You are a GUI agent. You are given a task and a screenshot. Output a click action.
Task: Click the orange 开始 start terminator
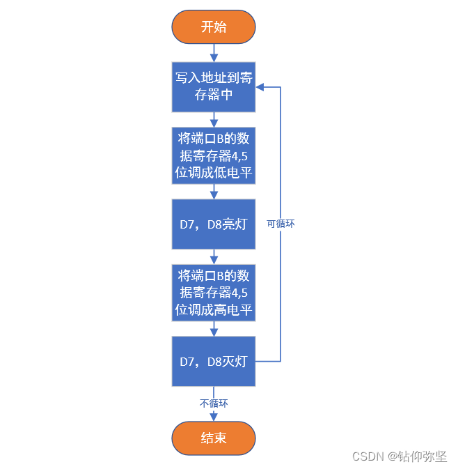pos(214,27)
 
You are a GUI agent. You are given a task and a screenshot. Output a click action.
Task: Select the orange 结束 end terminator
pos(214,438)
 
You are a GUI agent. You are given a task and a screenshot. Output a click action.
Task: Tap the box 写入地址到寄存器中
pos(214,86)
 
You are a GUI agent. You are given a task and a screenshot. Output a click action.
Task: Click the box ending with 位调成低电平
pos(214,155)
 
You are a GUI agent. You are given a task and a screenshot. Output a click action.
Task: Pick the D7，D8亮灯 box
pos(214,224)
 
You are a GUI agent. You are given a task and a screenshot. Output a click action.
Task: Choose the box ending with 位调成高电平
pos(214,292)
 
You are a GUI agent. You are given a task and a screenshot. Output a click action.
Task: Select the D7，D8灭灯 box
pos(214,361)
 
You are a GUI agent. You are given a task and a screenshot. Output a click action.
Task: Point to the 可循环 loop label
pos(282,224)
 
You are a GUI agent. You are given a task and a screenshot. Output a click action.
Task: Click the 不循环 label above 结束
pos(214,403)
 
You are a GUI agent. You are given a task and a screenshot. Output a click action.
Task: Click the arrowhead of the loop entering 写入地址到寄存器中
pos(260,87)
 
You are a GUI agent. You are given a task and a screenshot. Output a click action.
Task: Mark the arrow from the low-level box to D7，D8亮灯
pos(214,191)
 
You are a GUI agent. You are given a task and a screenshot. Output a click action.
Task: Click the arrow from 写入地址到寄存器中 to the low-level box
pos(214,119)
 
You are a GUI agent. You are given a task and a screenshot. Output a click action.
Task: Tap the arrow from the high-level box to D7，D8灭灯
pos(214,328)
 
